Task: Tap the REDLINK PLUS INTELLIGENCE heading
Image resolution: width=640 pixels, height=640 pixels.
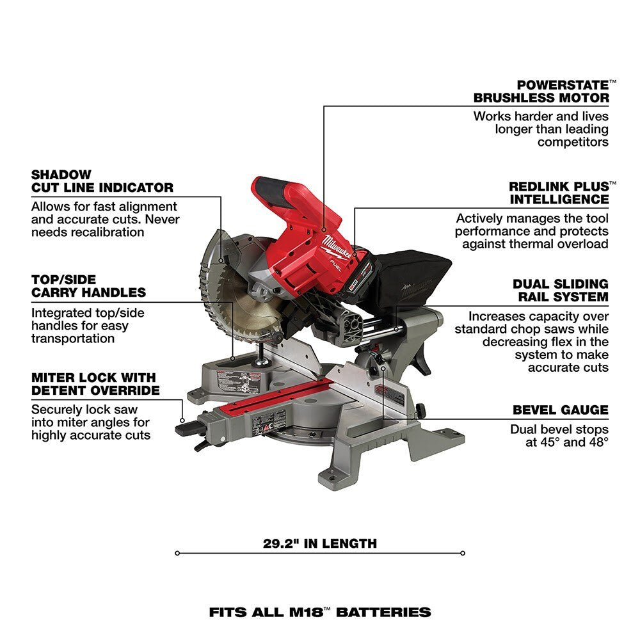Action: tap(559, 193)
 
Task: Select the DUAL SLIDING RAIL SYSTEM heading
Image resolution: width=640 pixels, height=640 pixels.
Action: tap(561, 290)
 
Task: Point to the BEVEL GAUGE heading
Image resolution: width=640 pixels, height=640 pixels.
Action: tap(561, 410)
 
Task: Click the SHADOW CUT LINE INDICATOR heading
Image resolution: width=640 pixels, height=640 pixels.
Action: tap(102, 181)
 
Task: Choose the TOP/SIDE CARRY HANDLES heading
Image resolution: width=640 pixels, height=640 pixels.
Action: tap(88, 286)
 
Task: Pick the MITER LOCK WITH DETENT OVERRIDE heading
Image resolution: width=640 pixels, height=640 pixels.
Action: tap(95, 384)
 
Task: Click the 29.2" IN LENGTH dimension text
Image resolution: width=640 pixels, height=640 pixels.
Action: tap(319, 544)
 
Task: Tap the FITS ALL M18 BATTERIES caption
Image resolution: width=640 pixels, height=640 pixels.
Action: tap(319, 612)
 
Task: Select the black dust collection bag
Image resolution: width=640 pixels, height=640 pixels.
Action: tap(410, 272)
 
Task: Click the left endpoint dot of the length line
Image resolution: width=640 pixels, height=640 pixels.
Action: tap(177, 553)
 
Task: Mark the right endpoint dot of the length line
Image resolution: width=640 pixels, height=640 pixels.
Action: tap(463, 553)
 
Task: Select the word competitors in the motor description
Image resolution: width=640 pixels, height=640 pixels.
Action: tap(573, 142)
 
